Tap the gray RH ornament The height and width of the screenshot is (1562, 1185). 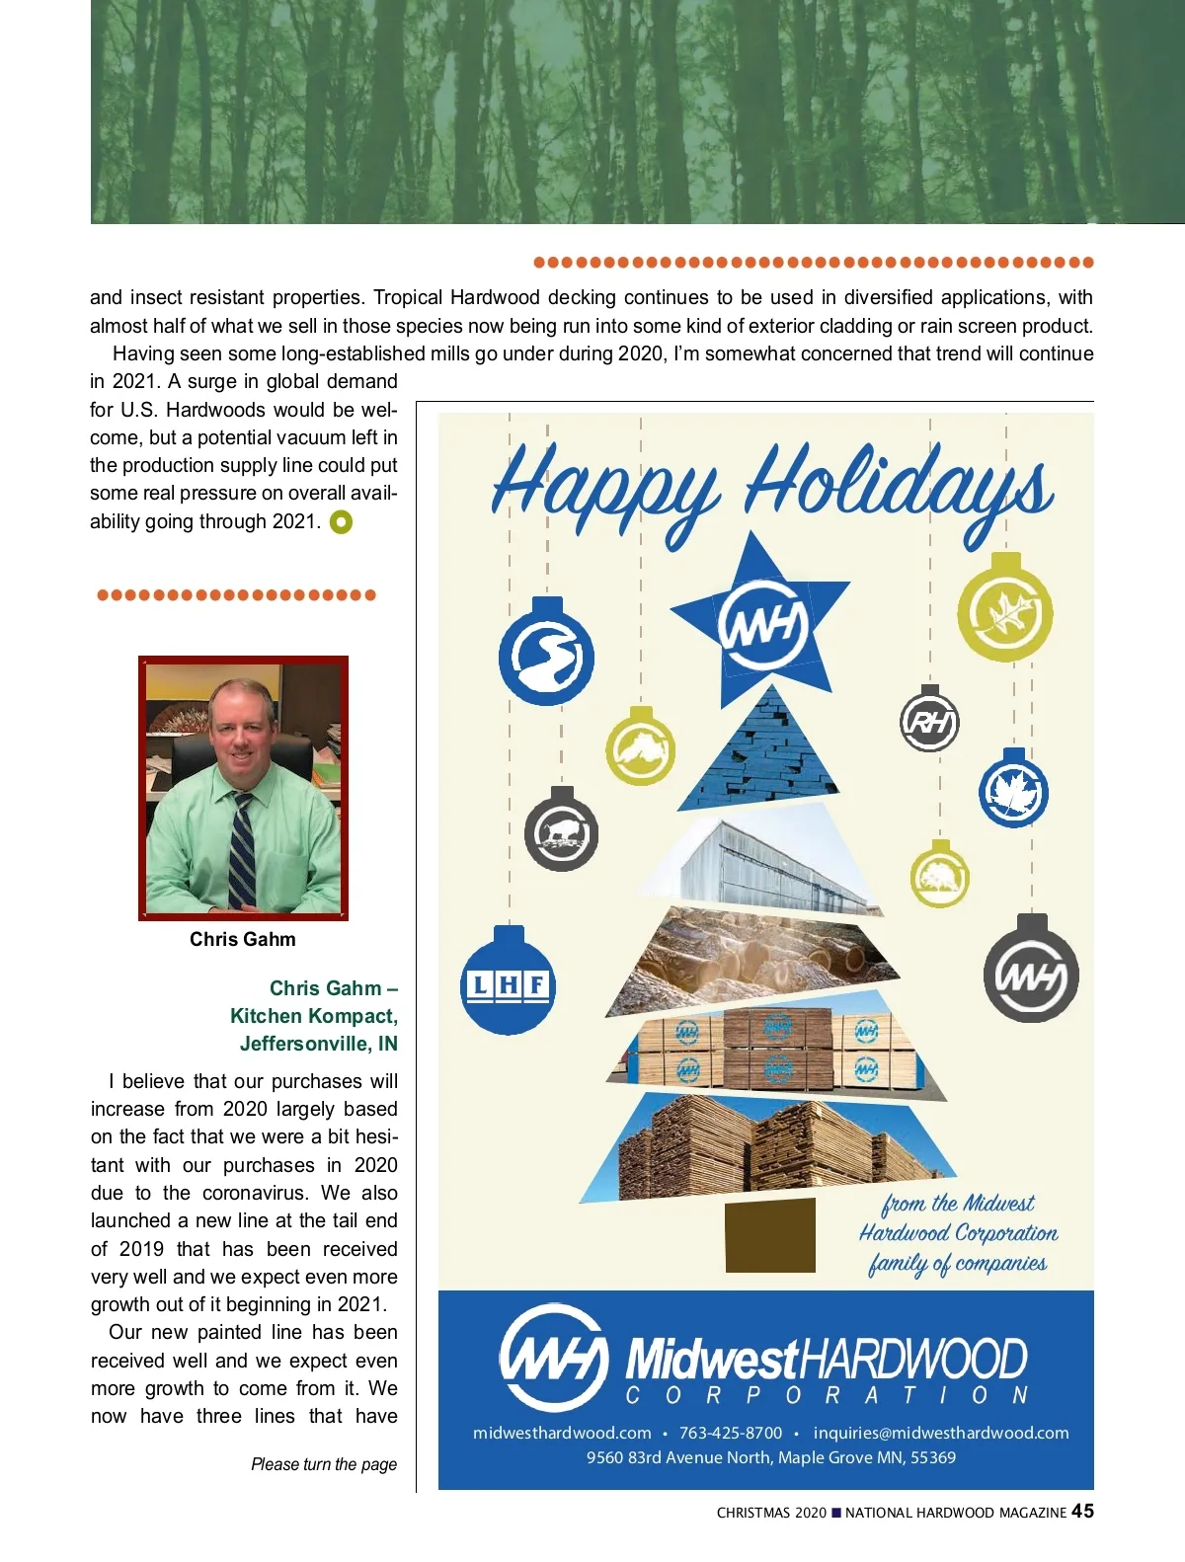[929, 722]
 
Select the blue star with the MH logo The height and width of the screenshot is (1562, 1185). [761, 623]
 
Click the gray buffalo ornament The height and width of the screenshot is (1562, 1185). [561, 834]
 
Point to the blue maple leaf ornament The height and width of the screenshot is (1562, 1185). [1013, 792]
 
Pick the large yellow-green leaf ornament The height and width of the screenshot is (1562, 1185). [1005, 613]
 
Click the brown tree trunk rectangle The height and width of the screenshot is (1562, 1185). [770, 1235]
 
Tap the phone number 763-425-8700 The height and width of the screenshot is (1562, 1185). [731, 1433]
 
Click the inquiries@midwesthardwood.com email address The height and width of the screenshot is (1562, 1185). [941, 1433]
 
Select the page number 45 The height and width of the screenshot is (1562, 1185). [1082, 1512]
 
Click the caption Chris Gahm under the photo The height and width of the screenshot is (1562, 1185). [243, 939]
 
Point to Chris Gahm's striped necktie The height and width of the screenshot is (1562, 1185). [241, 849]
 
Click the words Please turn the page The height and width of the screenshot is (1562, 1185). [324, 1464]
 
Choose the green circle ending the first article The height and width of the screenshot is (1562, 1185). [341, 521]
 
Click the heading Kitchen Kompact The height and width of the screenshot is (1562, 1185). [314, 1016]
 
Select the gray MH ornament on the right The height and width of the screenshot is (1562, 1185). [1031, 976]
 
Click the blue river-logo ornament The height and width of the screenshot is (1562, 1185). [546, 657]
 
